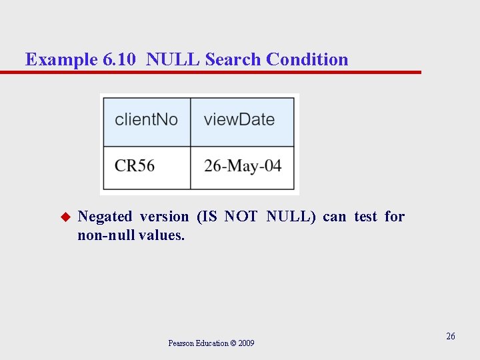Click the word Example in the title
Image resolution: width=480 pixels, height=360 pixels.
(x=61, y=60)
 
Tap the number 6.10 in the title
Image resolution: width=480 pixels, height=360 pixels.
(x=121, y=60)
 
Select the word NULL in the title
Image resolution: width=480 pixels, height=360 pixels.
(x=173, y=60)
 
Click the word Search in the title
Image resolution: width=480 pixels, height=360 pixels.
(x=233, y=60)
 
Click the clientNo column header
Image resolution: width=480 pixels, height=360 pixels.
(x=146, y=120)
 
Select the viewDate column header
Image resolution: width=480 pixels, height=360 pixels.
(x=239, y=120)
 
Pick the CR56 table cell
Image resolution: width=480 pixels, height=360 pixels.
(x=135, y=165)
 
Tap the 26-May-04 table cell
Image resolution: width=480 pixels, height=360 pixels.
(x=243, y=165)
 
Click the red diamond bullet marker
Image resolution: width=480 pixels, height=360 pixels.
(x=65, y=217)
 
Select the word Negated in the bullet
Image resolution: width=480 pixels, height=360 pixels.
(x=105, y=217)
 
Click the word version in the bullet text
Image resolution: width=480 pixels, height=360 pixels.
(x=164, y=217)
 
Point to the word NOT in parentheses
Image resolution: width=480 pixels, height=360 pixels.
(x=241, y=217)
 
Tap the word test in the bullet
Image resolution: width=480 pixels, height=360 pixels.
(x=365, y=217)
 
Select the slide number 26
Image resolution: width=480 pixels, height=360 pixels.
(x=451, y=336)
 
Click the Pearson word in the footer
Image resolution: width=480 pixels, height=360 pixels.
(x=181, y=343)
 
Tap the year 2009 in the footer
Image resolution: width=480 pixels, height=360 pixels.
(x=246, y=343)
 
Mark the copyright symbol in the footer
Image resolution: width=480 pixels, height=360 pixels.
(x=233, y=343)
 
